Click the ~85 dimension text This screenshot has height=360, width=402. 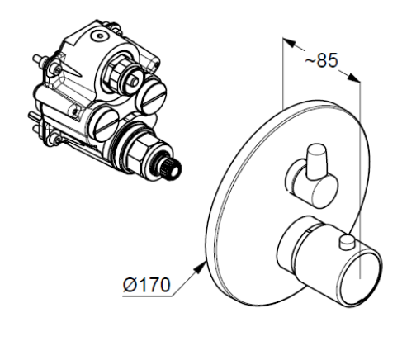tap(321, 60)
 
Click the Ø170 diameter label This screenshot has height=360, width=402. tap(147, 285)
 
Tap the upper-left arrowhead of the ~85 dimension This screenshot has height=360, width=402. tap(289, 43)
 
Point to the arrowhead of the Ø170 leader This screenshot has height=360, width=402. tap(201, 268)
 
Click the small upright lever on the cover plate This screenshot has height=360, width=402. tap(317, 162)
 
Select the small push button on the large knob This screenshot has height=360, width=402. tap(348, 243)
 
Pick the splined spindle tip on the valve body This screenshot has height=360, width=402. tap(171, 171)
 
